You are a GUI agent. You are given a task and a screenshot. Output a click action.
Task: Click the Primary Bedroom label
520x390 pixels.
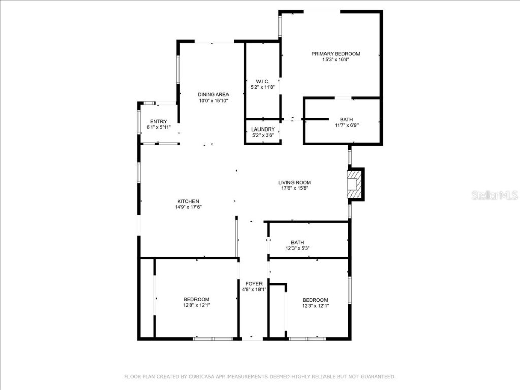(x=336, y=54)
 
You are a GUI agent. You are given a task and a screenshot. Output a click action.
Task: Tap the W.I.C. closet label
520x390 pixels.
(x=263, y=81)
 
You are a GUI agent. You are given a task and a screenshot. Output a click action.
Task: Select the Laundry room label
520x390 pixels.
(x=263, y=129)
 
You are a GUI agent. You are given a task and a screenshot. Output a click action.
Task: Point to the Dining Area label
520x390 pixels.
(x=213, y=94)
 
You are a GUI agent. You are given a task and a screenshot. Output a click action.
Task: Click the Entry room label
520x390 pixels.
(x=158, y=121)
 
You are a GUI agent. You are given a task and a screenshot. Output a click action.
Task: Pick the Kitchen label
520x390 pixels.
(x=188, y=201)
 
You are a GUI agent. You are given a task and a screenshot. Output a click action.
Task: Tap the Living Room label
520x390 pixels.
(x=295, y=183)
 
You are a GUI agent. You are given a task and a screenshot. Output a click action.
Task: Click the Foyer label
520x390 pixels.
(x=254, y=284)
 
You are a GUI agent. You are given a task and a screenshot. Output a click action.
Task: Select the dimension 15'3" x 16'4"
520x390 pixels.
(x=336, y=60)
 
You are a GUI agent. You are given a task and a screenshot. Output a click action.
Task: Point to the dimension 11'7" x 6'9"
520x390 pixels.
(x=347, y=125)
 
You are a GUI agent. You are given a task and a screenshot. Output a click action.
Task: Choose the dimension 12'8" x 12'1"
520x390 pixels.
(x=197, y=305)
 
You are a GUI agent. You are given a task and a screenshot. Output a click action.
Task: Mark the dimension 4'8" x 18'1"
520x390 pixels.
(x=254, y=290)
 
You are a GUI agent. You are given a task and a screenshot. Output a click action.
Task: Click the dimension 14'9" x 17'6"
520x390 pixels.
(x=188, y=207)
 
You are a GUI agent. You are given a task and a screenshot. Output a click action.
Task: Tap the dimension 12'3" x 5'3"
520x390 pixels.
(x=298, y=248)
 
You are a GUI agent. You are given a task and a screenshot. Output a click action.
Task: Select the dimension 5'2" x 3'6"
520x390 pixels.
(x=263, y=136)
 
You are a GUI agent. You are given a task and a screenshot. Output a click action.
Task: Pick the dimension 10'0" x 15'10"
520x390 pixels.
(x=213, y=101)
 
